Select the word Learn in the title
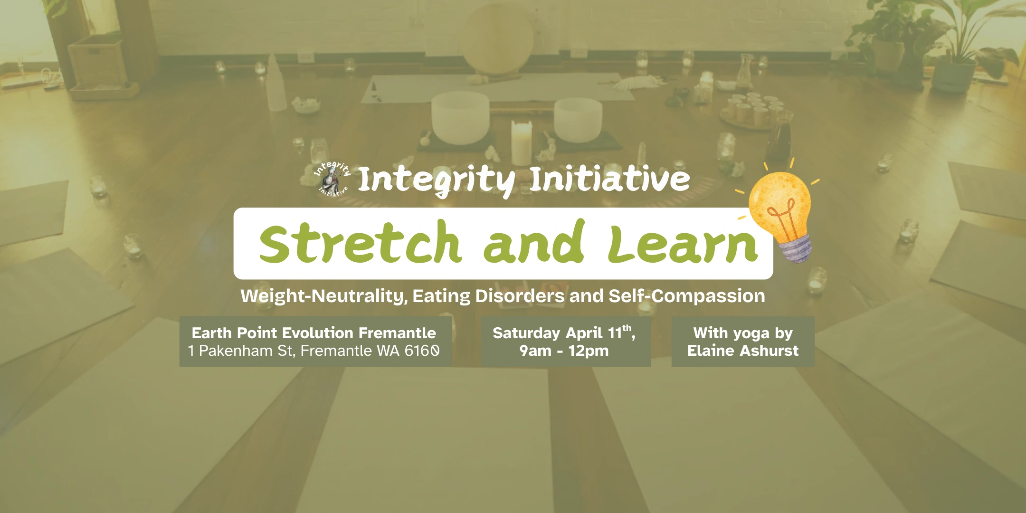pyautogui.click(x=683, y=244)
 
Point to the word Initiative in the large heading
pyautogui.click(x=609, y=179)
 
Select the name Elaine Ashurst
pyautogui.click(x=743, y=351)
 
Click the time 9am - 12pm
pyautogui.click(x=564, y=351)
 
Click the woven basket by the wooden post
pyautogui.click(x=96, y=62)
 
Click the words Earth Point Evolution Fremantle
pyautogui.click(x=313, y=333)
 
